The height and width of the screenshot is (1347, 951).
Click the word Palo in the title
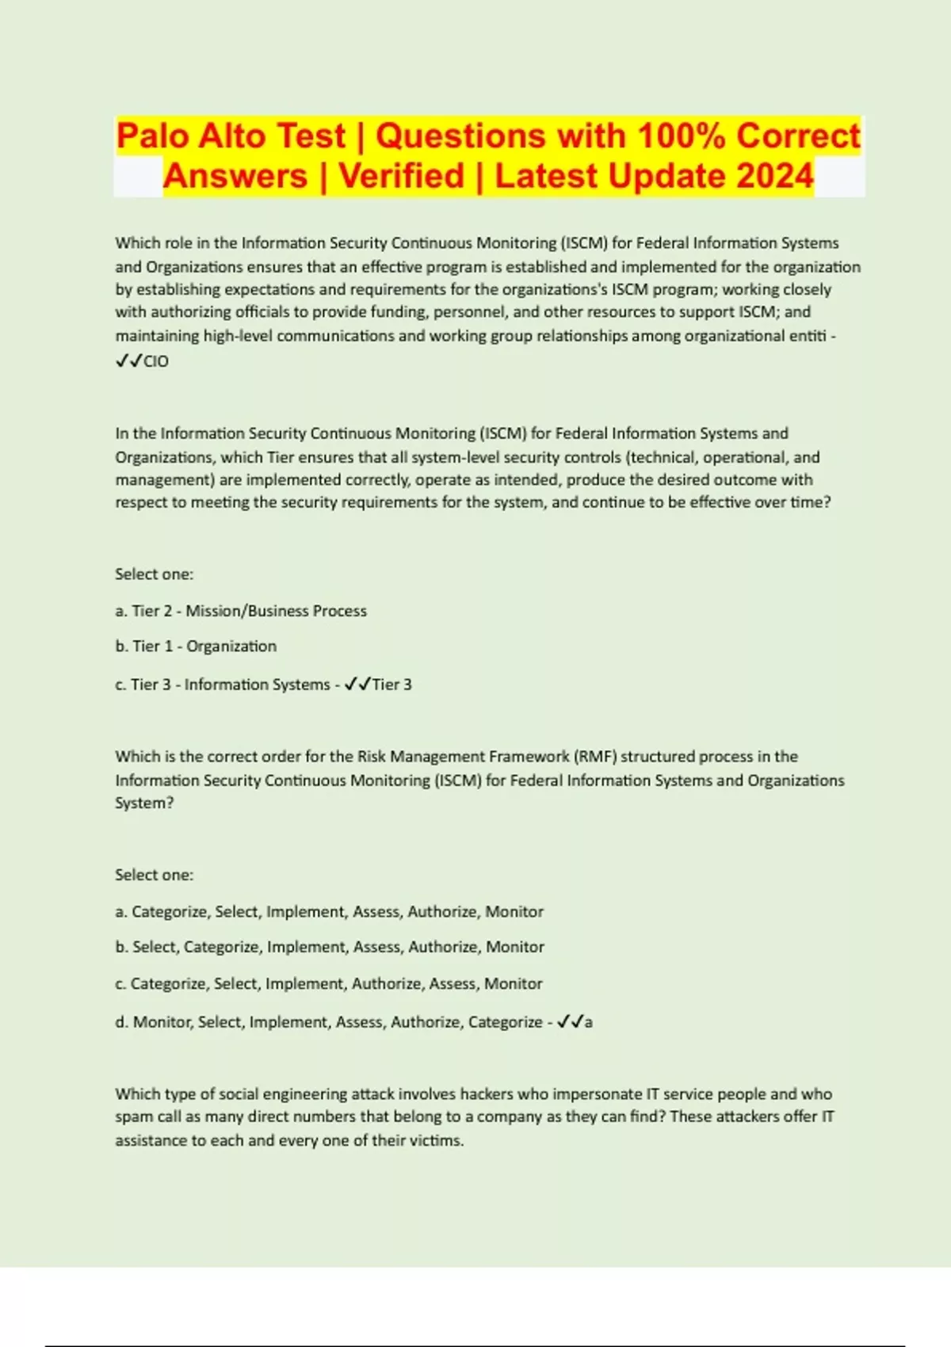tap(153, 135)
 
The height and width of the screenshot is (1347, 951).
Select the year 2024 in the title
tap(774, 176)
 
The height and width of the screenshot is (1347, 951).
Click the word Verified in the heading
tap(401, 176)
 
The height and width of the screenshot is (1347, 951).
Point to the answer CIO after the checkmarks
tap(156, 361)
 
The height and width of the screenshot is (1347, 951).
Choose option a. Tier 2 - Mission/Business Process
tap(241, 611)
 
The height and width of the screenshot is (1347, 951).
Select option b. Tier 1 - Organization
tap(196, 647)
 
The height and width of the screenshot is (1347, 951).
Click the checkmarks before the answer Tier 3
tap(357, 685)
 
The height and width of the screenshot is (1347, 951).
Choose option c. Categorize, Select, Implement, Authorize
tap(329, 984)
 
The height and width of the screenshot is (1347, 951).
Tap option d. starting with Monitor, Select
tap(329, 1022)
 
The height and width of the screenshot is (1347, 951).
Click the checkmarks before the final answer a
tap(570, 1022)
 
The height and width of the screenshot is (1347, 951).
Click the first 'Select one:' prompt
tap(155, 574)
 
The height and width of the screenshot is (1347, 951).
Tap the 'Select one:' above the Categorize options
tap(155, 876)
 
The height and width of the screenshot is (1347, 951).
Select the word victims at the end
tap(437, 1141)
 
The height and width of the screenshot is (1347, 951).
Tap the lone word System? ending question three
tap(144, 803)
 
